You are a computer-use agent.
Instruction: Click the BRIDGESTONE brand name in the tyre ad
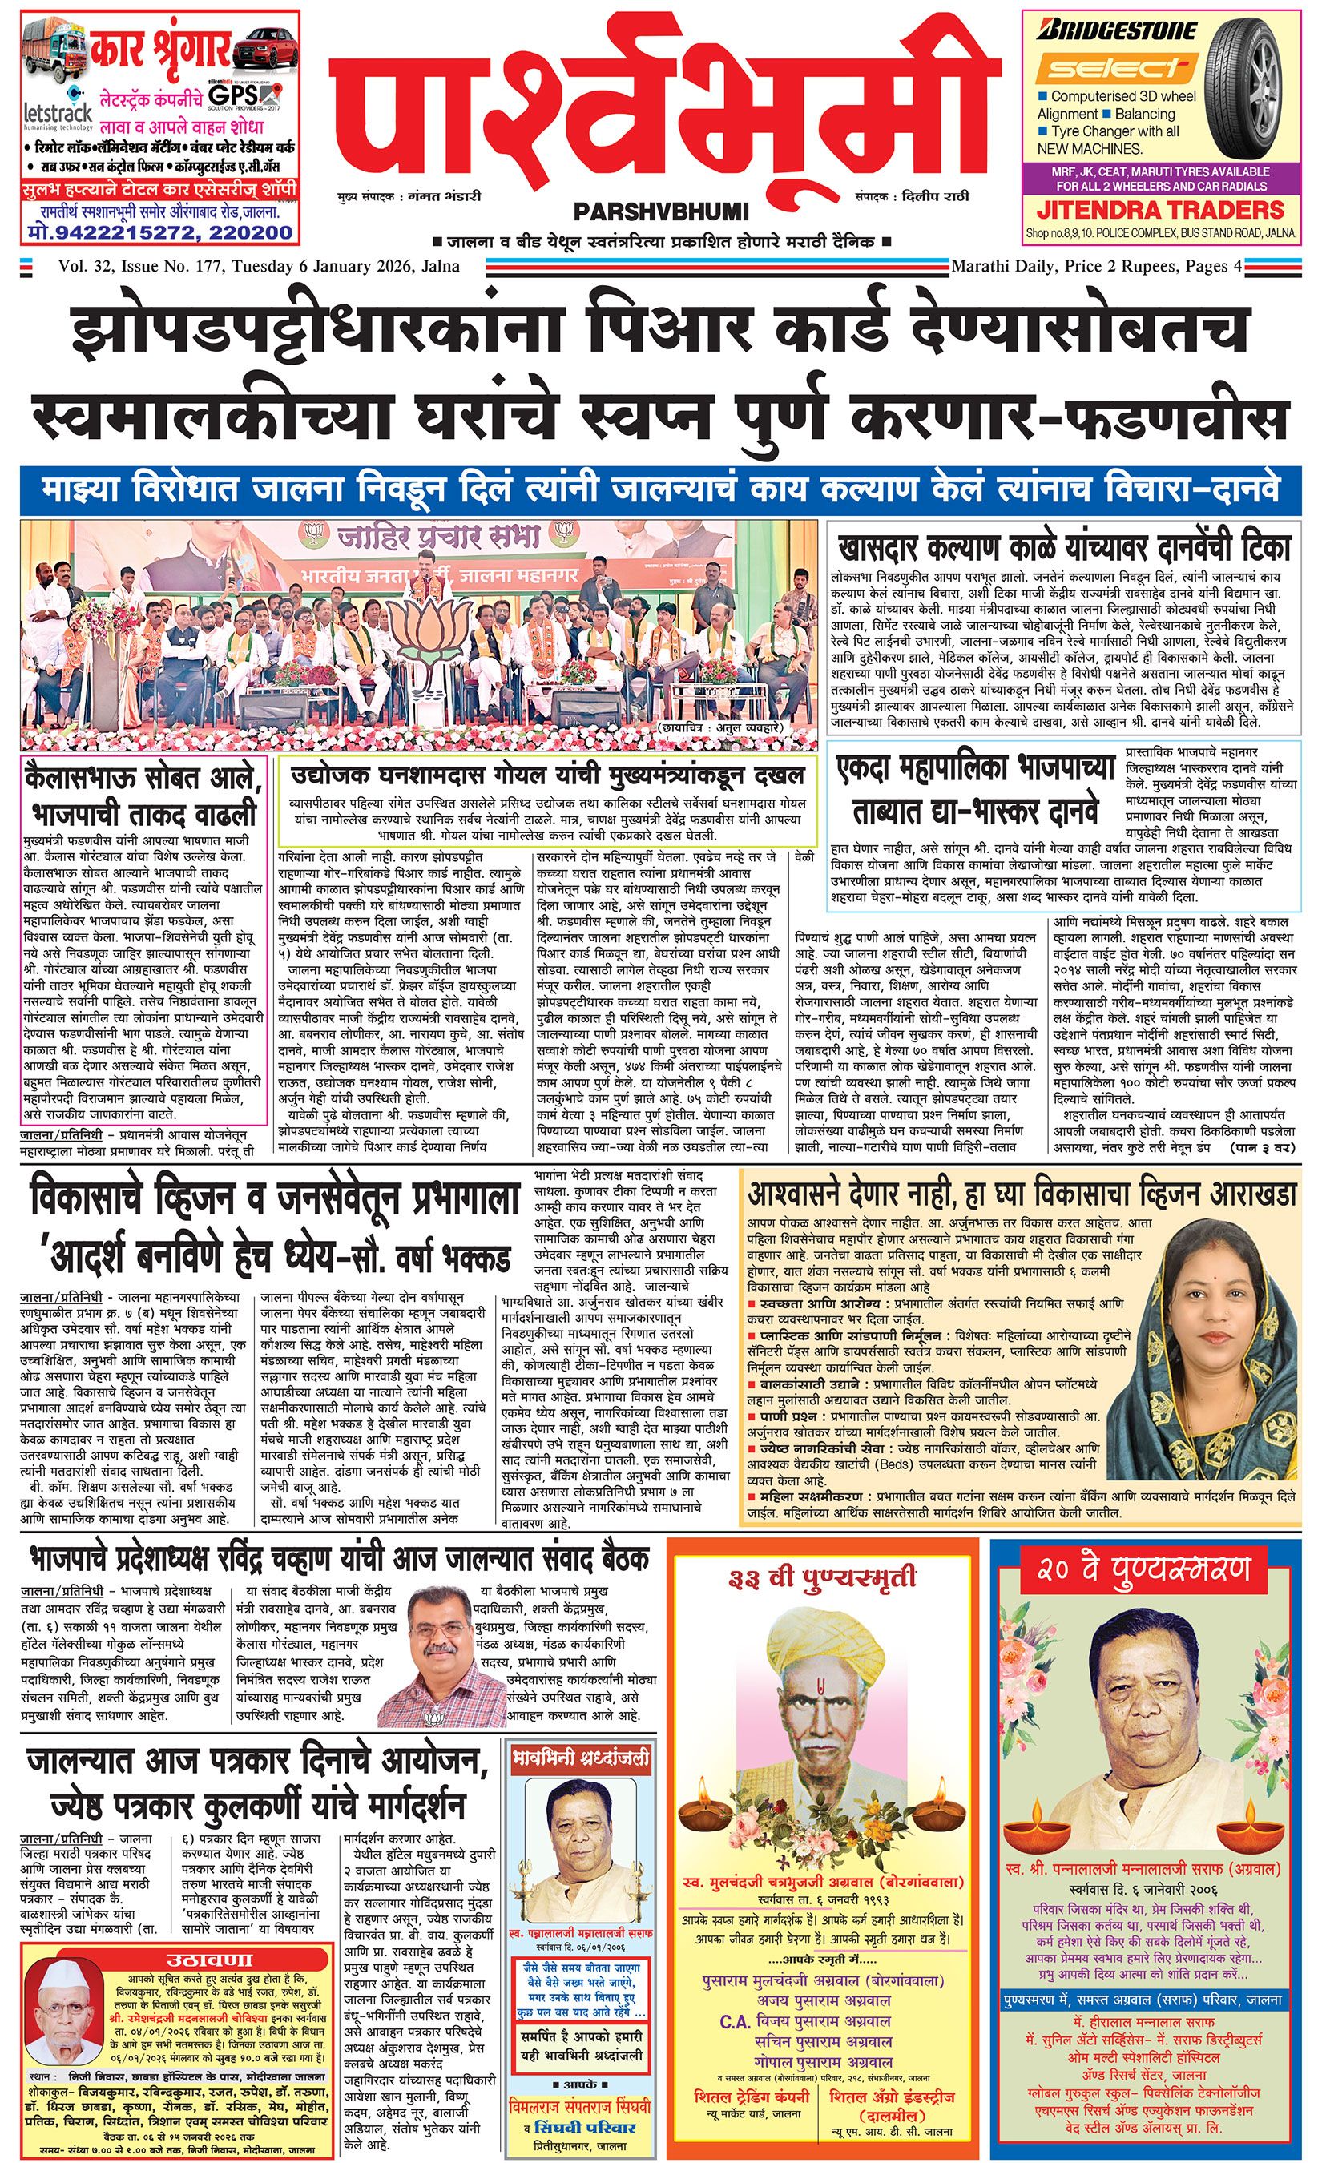(x=1116, y=31)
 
